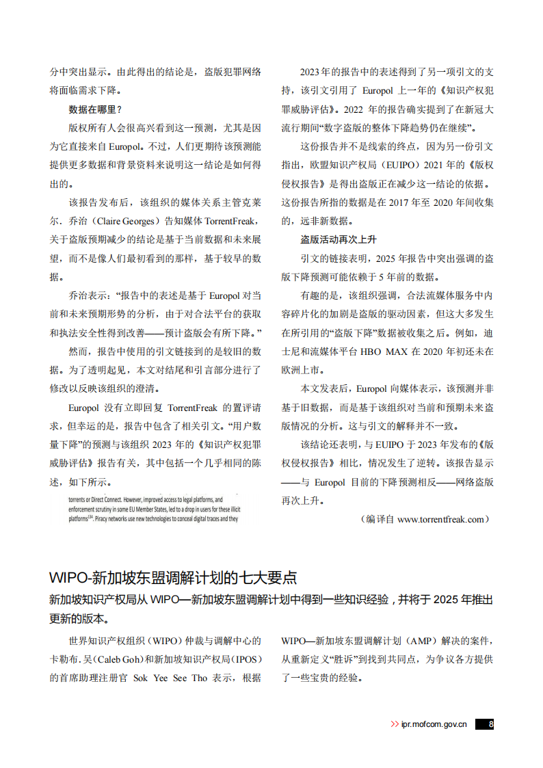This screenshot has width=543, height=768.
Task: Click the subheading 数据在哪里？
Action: pos(95,109)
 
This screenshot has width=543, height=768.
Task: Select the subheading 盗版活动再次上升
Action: pos(339,239)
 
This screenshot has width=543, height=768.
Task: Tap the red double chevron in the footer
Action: pos(395,724)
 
